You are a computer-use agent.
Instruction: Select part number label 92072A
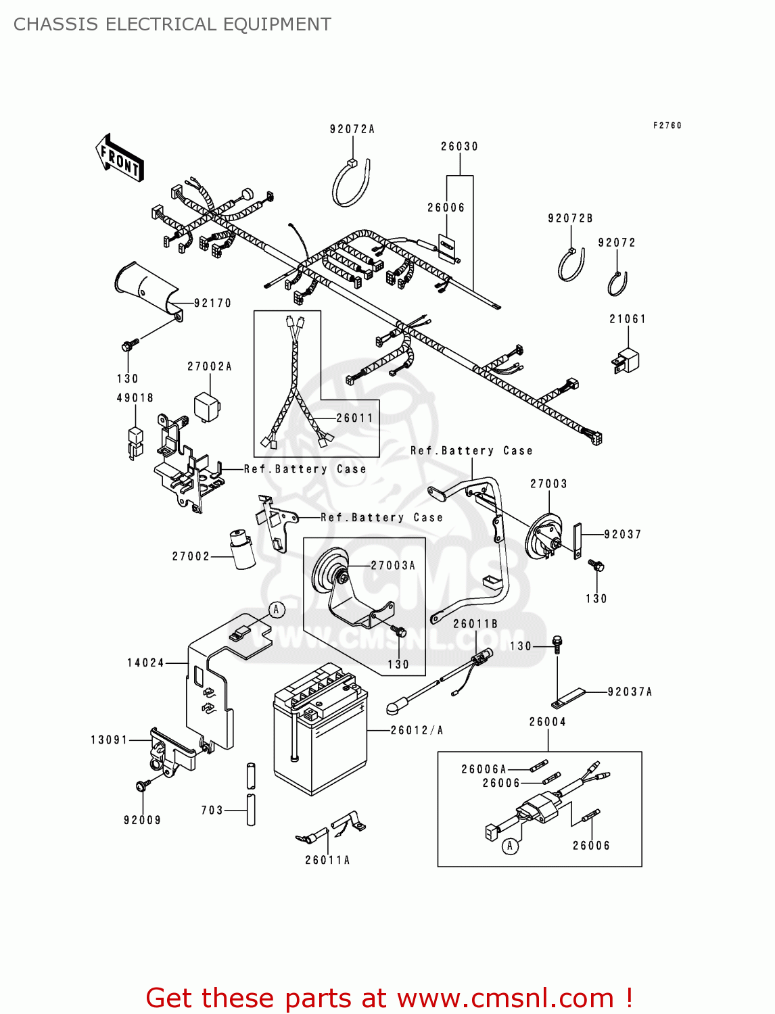point(352,129)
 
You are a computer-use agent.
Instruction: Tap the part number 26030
point(459,147)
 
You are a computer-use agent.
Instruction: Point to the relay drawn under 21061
point(626,360)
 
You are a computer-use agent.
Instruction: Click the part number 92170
point(212,304)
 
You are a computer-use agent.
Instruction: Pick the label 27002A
point(210,366)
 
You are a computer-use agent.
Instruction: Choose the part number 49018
point(135,398)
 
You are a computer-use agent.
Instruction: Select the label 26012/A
point(417,730)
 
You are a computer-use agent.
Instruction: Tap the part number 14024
point(145,663)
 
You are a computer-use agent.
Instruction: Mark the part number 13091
point(110,740)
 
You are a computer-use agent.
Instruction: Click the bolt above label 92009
point(142,786)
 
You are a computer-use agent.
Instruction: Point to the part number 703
point(212,810)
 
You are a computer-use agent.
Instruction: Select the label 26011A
point(327,860)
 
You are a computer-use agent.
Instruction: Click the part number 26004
point(547,722)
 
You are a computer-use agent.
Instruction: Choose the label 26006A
point(484,769)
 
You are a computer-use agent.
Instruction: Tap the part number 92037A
point(630,692)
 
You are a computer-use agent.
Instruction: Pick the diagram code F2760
point(667,126)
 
